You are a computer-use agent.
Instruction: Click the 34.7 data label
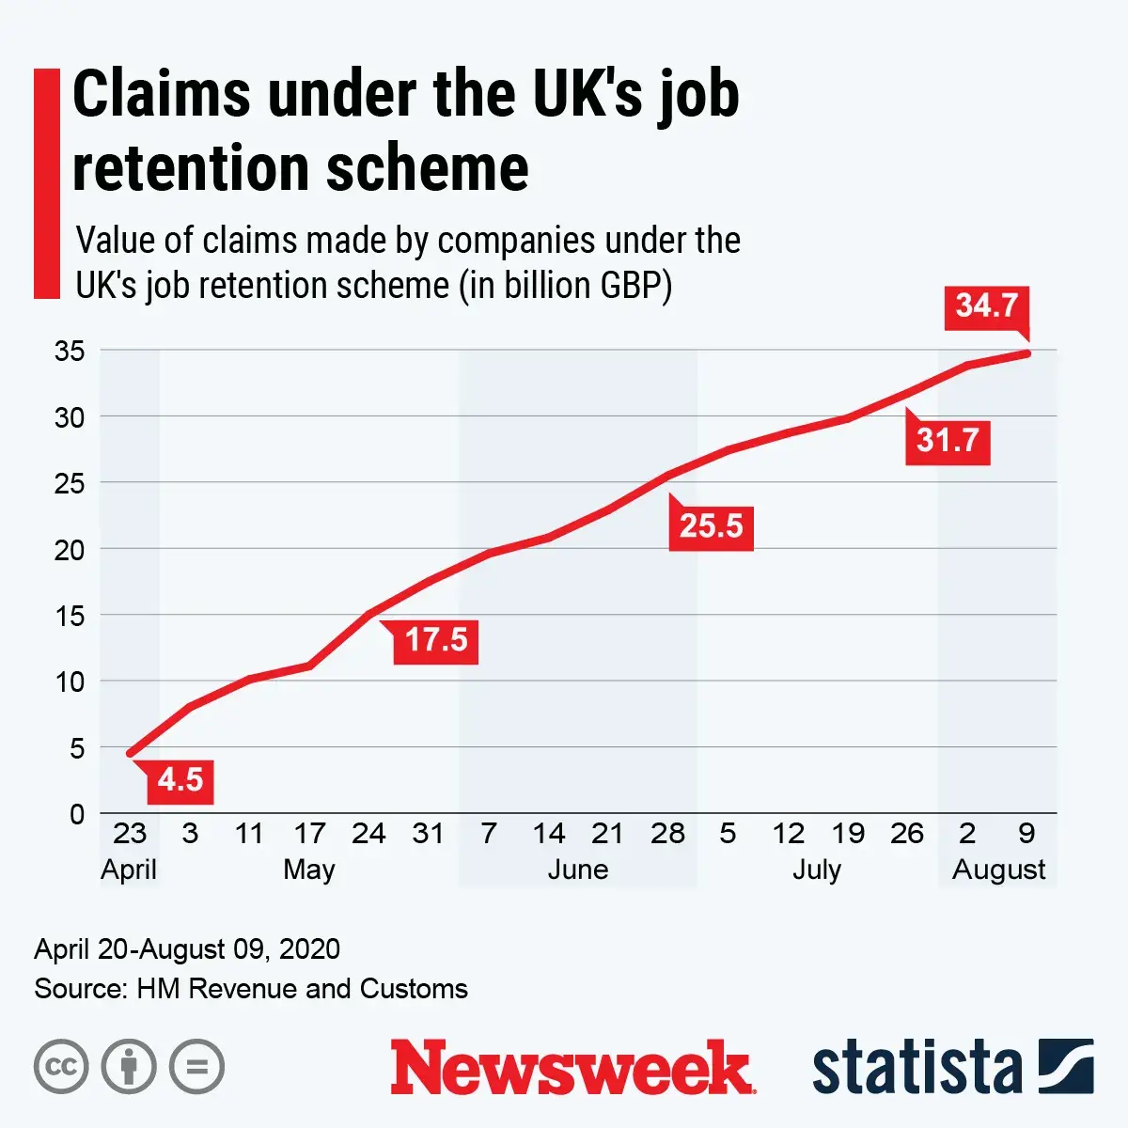point(986,306)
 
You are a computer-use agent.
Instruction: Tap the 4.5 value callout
point(180,781)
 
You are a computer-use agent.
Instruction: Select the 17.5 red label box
point(435,641)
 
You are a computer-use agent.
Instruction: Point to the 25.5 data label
point(711,526)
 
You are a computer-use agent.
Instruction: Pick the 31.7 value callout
point(948,440)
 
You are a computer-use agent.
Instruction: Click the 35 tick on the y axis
point(70,352)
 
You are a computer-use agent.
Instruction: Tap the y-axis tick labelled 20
point(70,550)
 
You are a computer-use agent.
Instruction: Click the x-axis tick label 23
point(130,834)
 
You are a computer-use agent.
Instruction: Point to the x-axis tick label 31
point(428,834)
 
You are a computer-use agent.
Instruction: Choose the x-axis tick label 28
point(667,834)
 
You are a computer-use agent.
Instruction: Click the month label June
point(577,869)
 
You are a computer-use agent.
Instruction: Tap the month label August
point(998,869)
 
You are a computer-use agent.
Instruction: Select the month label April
point(129,869)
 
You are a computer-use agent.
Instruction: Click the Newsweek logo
point(572,1068)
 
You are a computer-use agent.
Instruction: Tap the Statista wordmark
point(916,1069)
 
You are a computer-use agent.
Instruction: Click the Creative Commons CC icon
point(61,1067)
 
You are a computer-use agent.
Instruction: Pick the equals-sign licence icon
point(196,1067)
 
